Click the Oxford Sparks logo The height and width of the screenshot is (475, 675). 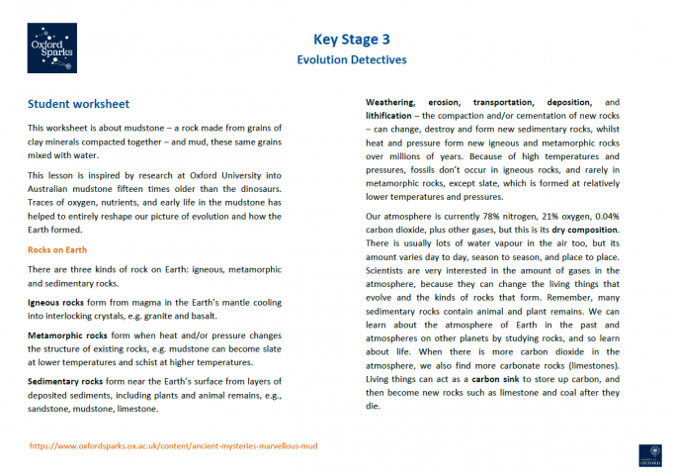point(51,49)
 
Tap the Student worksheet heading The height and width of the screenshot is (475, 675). point(78,104)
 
